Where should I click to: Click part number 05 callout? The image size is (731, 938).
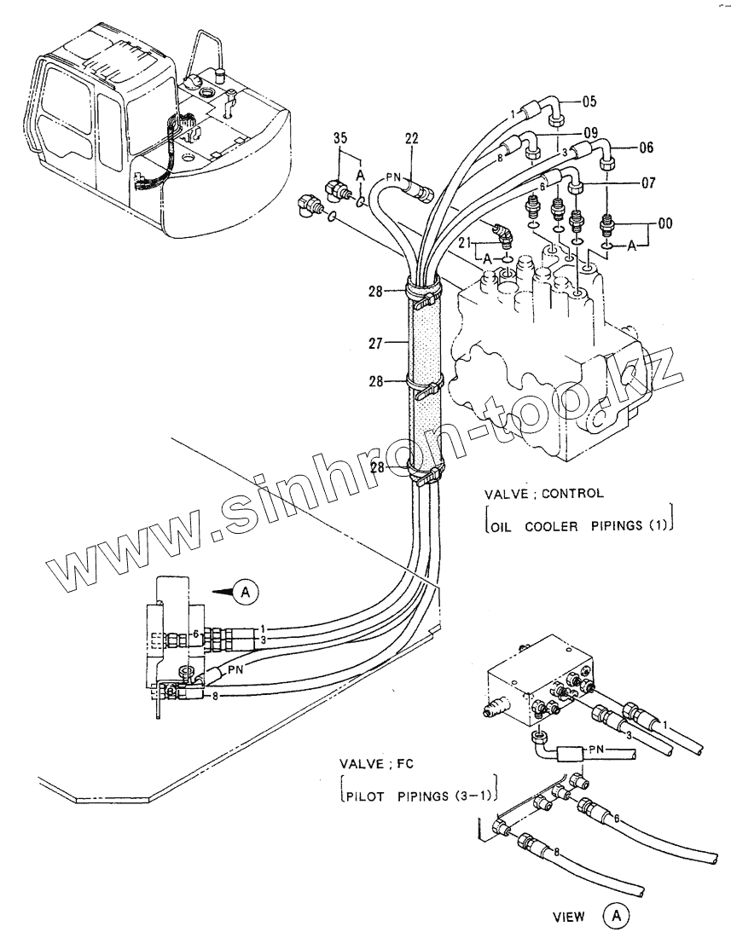click(x=589, y=101)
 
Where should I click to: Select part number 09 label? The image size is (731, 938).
click(x=589, y=132)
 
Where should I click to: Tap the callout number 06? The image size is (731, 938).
click(x=646, y=148)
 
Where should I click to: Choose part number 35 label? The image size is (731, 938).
click(x=340, y=138)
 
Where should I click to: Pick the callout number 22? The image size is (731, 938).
click(x=412, y=139)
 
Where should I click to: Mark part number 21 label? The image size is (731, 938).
click(x=465, y=244)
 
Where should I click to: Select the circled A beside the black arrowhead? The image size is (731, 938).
click(x=245, y=589)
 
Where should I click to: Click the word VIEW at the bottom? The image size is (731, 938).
click(x=568, y=918)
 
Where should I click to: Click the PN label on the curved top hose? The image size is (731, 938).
click(x=393, y=177)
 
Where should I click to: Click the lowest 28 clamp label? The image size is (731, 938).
click(x=381, y=466)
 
